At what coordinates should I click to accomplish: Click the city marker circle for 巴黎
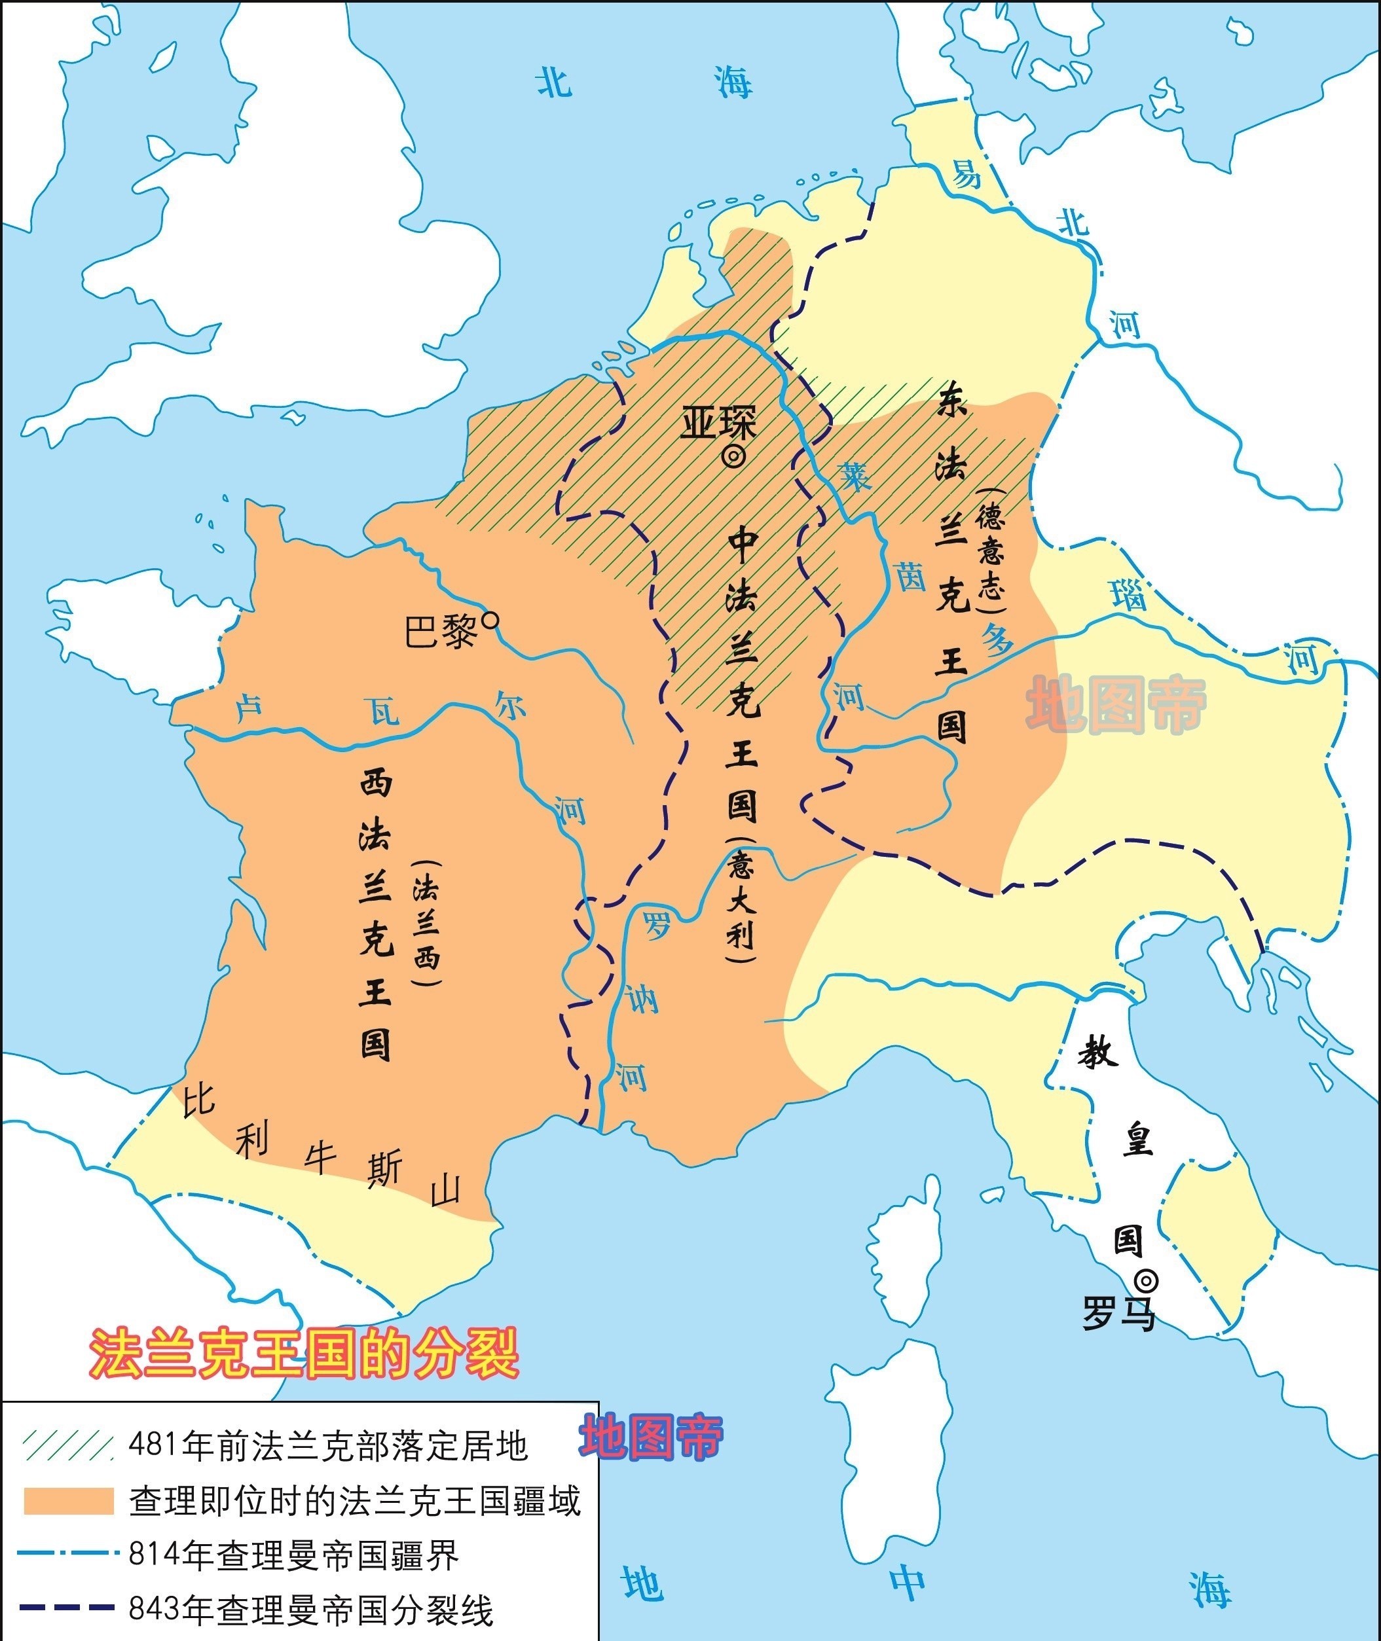point(491,621)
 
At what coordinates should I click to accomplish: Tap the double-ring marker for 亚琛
point(733,457)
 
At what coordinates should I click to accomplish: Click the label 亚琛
point(718,424)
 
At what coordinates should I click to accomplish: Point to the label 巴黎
point(441,630)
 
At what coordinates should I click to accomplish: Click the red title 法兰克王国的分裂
point(304,1352)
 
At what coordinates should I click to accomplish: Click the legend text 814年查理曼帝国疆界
point(293,1556)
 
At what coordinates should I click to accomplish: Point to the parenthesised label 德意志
point(990,552)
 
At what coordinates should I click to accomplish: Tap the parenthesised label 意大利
point(741,900)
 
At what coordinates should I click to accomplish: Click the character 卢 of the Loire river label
point(249,710)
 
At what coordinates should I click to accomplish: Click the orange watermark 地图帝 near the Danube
point(1116,704)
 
